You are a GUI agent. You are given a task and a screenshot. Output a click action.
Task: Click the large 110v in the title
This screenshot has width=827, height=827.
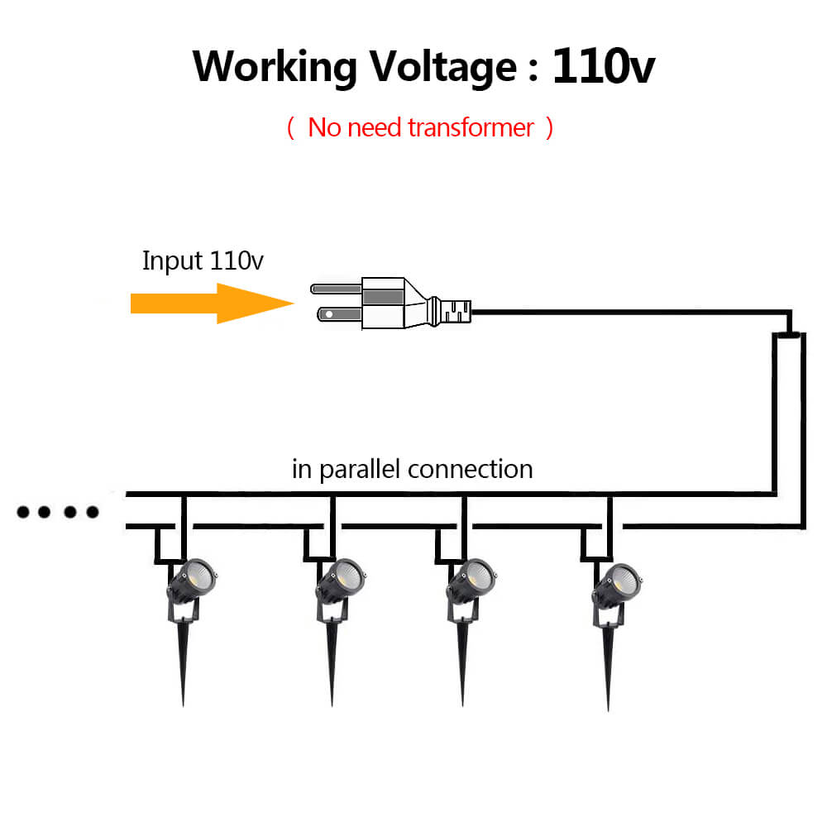[x=604, y=66]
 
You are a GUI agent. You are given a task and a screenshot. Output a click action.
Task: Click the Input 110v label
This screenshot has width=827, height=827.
[x=203, y=261]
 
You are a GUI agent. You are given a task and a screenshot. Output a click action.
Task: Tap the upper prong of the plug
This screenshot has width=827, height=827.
[x=336, y=289]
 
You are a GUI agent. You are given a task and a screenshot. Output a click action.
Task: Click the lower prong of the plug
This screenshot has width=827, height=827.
[x=334, y=314]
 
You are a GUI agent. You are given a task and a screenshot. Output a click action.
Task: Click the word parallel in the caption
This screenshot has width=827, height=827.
[x=361, y=469]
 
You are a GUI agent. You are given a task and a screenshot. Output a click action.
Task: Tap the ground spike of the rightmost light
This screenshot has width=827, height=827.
[x=609, y=670]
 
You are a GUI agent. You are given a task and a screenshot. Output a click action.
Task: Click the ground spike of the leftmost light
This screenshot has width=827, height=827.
[x=183, y=666]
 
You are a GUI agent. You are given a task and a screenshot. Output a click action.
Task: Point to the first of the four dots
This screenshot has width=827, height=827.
[x=24, y=513]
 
